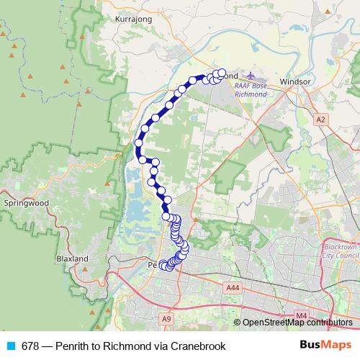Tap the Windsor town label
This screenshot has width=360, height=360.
(297, 81)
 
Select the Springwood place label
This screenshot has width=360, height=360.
(26, 204)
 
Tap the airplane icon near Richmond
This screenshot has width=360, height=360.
(250, 76)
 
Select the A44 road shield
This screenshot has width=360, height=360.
(231, 288)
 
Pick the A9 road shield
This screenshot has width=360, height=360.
(168, 318)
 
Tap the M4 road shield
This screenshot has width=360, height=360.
(301, 315)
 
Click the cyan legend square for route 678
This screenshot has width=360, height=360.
(10, 346)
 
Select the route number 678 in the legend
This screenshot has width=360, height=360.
(31, 346)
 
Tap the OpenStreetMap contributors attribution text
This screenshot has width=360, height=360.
(297, 323)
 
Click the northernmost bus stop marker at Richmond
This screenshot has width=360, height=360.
(222, 73)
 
